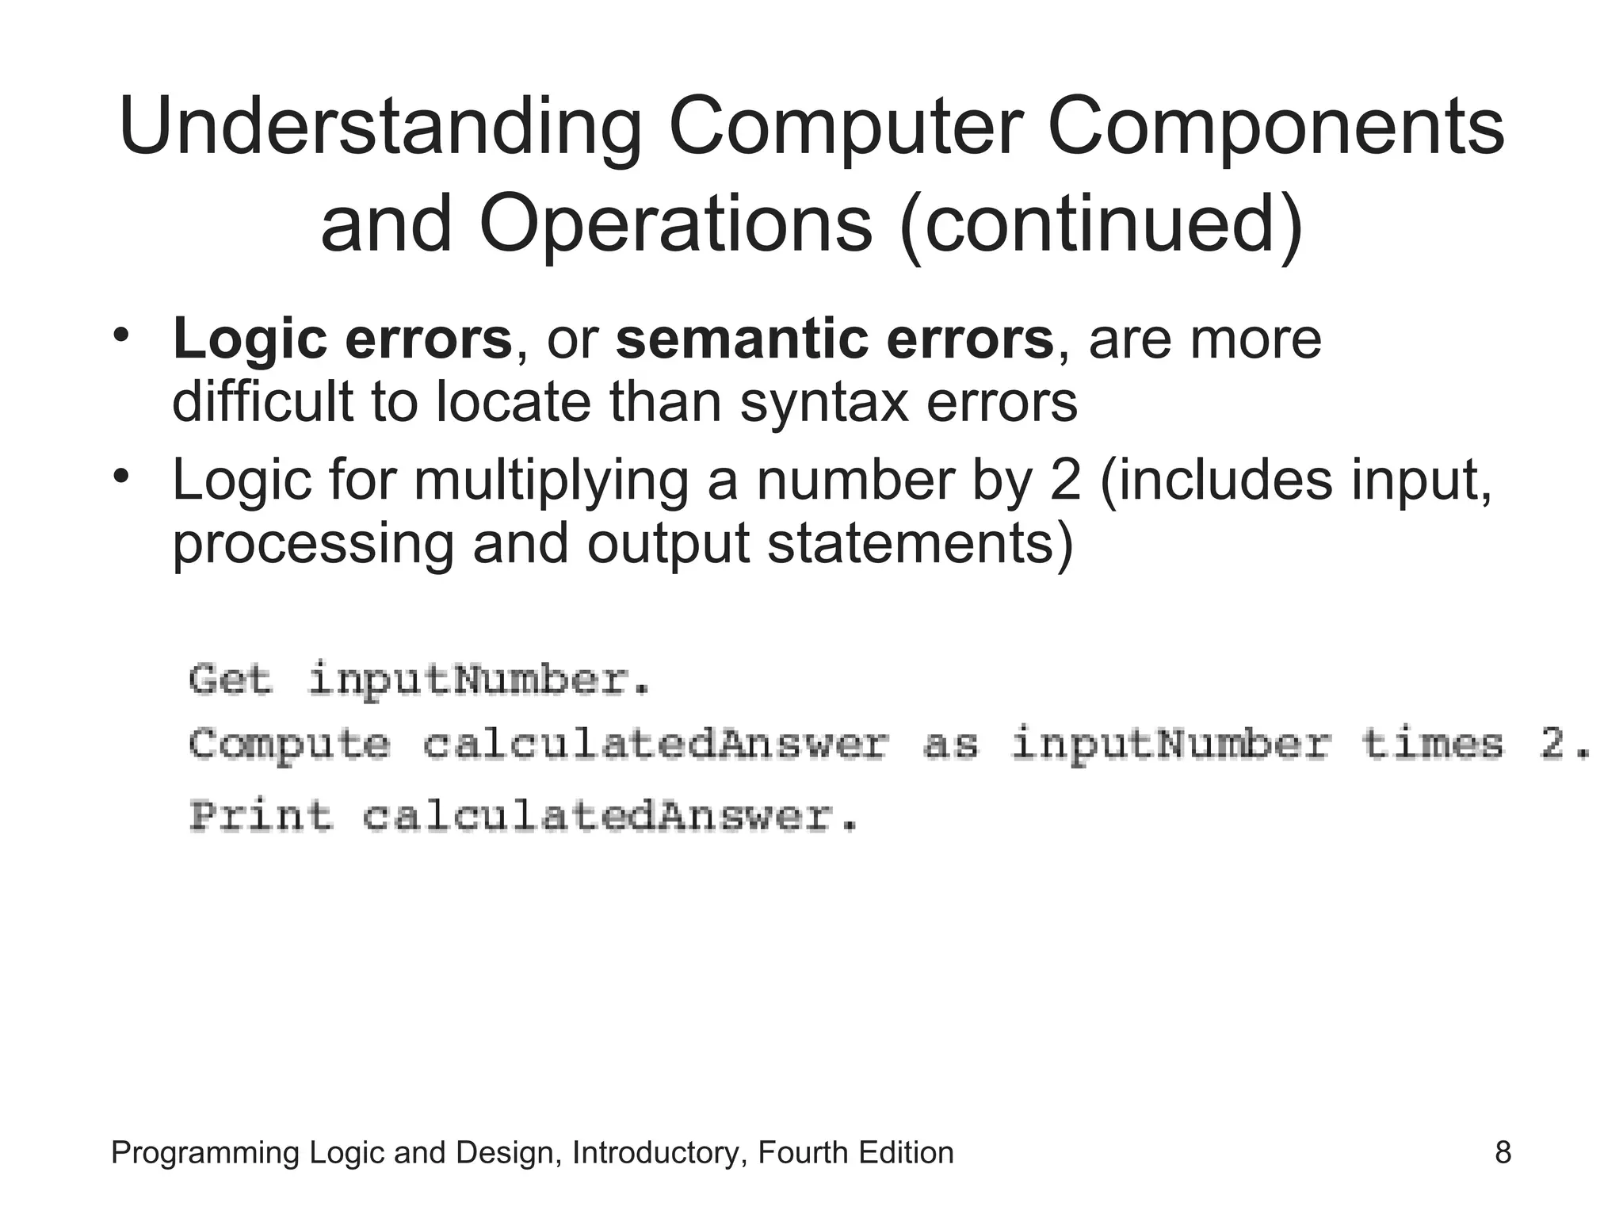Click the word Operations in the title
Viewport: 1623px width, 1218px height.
pos(676,224)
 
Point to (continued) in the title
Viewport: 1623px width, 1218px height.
pos(1102,224)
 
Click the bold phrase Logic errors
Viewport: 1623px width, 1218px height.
pos(342,339)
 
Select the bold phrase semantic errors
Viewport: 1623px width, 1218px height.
pos(834,339)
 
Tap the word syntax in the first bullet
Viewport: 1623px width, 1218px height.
pos(823,402)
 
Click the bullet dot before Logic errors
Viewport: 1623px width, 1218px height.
pos(120,335)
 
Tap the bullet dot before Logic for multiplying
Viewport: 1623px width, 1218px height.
pos(120,477)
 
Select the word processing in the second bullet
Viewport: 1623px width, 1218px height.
pos(312,544)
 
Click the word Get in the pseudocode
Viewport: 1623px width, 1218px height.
pos(231,680)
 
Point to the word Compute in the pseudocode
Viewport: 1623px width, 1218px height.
pos(289,745)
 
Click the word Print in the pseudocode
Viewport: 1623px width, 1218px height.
pos(261,816)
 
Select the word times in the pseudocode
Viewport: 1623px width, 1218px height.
pos(1432,745)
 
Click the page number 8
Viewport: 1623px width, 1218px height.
pos(1503,1152)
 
